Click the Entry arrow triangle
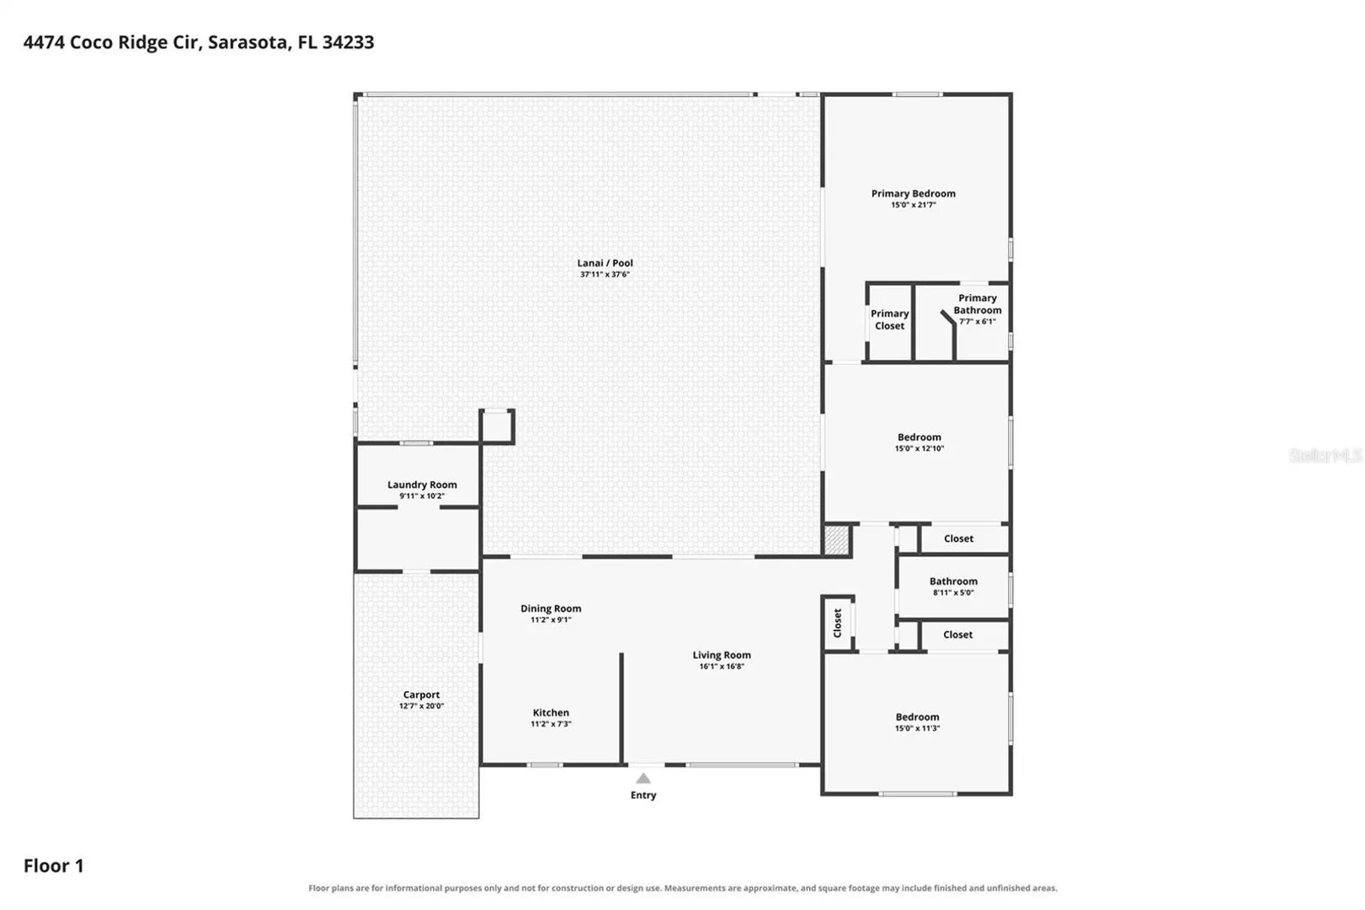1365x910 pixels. (x=643, y=779)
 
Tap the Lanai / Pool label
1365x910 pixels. (x=605, y=263)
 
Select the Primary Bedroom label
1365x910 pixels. (x=913, y=193)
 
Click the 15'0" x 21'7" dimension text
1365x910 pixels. (x=913, y=205)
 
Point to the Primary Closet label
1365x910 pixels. (x=890, y=319)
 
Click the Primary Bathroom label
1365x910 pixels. (x=978, y=303)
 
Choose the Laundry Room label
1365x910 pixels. (x=422, y=484)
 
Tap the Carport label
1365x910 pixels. (x=421, y=694)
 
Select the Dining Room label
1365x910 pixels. (x=551, y=608)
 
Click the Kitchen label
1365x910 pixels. (x=551, y=712)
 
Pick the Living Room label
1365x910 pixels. (x=722, y=655)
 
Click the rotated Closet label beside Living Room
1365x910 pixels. (x=837, y=623)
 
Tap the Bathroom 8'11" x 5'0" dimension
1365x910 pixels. (x=954, y=593)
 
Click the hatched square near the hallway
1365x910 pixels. (x=837, y=540)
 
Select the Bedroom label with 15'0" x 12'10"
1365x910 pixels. (x=919, y=436)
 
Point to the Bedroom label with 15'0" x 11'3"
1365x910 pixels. (x=917, y=717)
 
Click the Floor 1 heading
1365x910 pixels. (x=54, y=865)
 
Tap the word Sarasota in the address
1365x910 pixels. (x=249, y=43)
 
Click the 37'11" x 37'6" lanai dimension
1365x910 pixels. (x=605, y=275)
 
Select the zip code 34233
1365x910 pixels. (x=348, y=42)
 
